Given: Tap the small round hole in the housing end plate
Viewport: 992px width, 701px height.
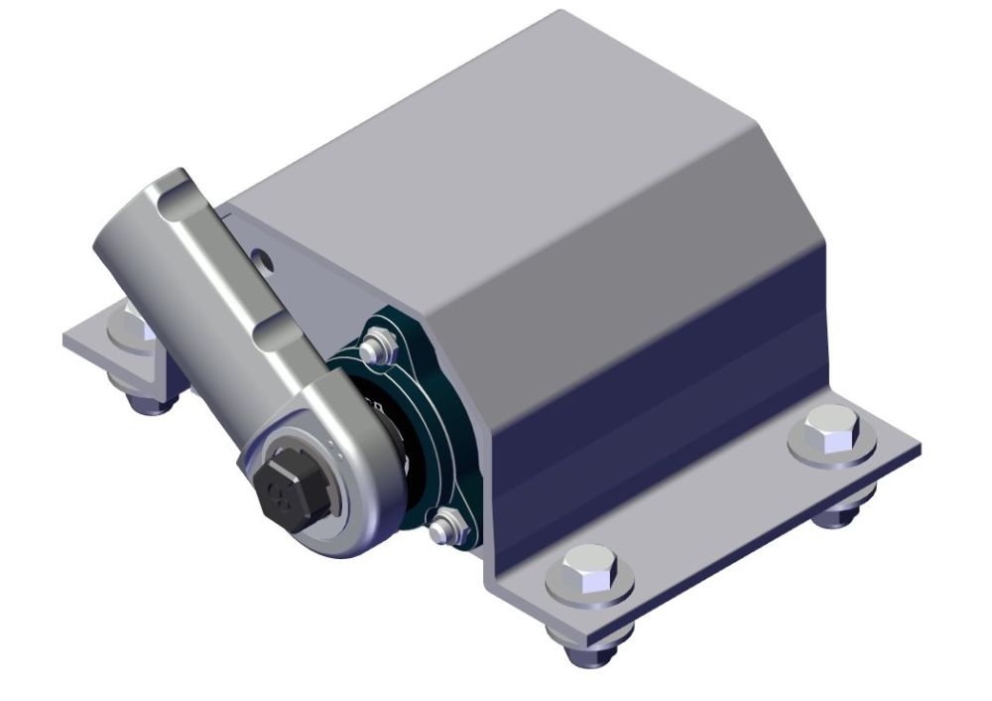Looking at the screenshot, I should click(x=263, y=259).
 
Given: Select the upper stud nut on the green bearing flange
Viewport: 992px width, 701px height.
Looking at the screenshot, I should click(x=374, y=349).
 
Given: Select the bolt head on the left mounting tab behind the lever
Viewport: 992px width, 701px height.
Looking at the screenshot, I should click(x=129, y=324).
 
